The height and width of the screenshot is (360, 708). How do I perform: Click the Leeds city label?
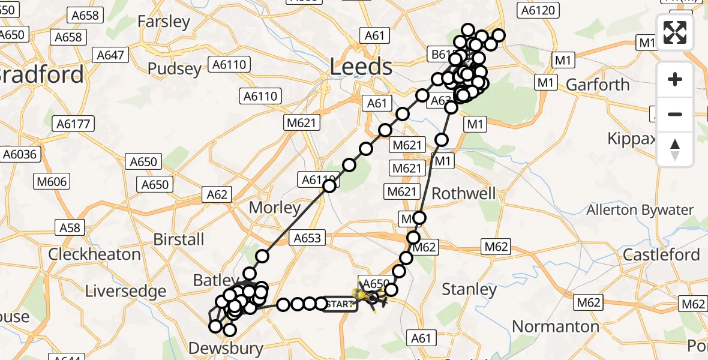[x=362, y=67]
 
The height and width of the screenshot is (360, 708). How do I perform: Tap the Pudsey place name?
[x=175, y=68]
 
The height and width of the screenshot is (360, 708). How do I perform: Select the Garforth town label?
[x=598, y=85]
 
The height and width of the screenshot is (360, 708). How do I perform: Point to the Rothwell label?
[x=464, y=193]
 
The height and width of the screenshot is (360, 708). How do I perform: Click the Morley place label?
[x=275, y=208]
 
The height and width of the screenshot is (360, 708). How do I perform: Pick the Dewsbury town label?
[x=226, y=348]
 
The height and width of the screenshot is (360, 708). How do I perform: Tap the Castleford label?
[x=661, y=254]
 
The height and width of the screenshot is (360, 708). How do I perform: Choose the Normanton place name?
[x=556, y=326]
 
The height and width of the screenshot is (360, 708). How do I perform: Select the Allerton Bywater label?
[x=640, y=210]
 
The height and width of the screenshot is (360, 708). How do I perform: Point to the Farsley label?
[x=164, y=22]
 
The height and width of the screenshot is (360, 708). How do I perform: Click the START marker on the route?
[x=340, y=304]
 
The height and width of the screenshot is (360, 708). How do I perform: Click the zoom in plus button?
[x=675, y=79]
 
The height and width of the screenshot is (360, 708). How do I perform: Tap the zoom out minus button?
[x=675, y=114]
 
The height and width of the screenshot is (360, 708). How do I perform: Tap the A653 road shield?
[x=308, y=238]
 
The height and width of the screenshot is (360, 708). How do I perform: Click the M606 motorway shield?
[x=53, y=181]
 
